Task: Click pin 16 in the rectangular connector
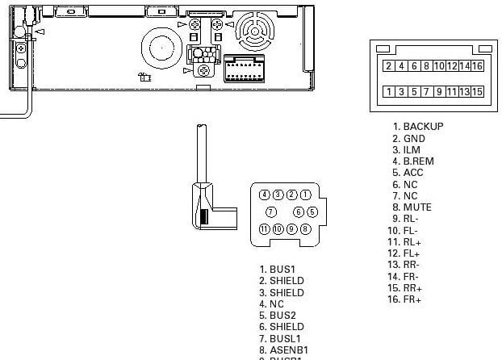(x=477, y=65)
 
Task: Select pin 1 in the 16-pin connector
(x=389, y=91)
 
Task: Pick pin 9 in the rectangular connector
(x=440, y=91)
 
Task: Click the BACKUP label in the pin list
(x=423, y=127)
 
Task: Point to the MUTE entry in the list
(x=417, y=207)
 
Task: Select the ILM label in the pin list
(x=412, y=150)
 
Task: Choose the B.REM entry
(x=418, y=161)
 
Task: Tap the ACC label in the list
(x=413, y=173)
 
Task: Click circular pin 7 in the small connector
(x=271, y=212)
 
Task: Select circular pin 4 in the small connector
(x=265, y=195)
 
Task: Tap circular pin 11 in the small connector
(x=265, y=229)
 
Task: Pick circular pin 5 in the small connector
(x=312, y=212)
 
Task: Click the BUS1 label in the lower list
(x=282, y=270)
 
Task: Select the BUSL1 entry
(x=286, y=338)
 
